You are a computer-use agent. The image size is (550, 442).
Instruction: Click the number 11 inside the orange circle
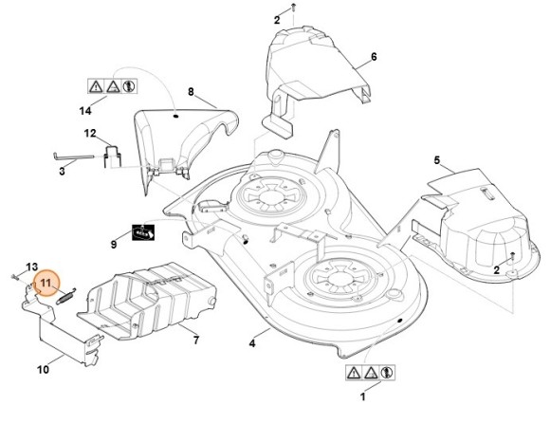coord(46,283)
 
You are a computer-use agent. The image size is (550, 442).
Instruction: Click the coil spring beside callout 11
coord(66,297)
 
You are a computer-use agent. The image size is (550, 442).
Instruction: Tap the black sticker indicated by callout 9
coord(143,232)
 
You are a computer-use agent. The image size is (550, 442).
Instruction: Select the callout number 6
coord(374,57)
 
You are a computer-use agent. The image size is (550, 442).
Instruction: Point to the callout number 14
coord(85,111)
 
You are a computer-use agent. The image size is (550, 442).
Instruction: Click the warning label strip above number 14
coord(112,86)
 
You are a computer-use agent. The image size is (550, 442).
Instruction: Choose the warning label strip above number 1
coord(370,372)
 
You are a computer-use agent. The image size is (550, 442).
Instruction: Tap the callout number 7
coord(196,340)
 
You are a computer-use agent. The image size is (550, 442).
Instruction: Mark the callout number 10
coord(43,369)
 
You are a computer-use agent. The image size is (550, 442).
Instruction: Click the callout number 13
coord(32,267)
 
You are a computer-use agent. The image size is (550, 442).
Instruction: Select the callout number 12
coord(90,134)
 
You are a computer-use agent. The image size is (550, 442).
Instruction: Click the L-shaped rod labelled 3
coord(74,157)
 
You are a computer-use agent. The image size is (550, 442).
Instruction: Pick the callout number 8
coord(191,92)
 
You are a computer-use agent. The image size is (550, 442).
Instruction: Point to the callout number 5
coord(437,160)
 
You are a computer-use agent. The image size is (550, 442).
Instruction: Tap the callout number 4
coord(252,343)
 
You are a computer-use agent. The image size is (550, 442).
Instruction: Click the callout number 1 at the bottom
coord(362,396)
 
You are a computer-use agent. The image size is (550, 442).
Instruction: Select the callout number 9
coord(114,245)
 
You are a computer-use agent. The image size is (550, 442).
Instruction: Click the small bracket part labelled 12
coord(112,157)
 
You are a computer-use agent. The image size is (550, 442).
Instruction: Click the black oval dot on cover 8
coord(176,116)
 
